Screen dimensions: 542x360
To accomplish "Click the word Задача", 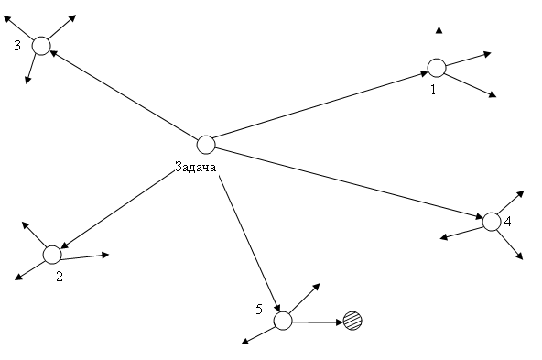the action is tap(195, 167).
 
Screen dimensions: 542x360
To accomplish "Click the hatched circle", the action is tap(352, 321).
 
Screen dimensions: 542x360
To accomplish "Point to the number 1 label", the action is tap(433, 90).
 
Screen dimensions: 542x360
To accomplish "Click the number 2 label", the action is tap(60, 277).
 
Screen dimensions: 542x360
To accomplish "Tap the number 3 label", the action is tap(17, 45).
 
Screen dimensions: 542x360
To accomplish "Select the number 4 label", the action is tap(507, 222).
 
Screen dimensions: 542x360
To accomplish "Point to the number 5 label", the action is tap(259, 310).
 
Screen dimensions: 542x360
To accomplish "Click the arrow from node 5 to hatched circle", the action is tap(318, 322).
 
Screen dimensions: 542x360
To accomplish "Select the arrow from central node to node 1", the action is tap(321, 105).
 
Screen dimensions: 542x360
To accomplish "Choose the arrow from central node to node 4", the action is tap(349, 183).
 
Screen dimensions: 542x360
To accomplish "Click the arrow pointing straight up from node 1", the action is tap(439, 42).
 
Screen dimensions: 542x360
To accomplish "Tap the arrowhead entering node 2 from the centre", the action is tap(65, 245).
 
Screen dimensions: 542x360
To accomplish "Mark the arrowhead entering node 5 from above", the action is tap(276, 307).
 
